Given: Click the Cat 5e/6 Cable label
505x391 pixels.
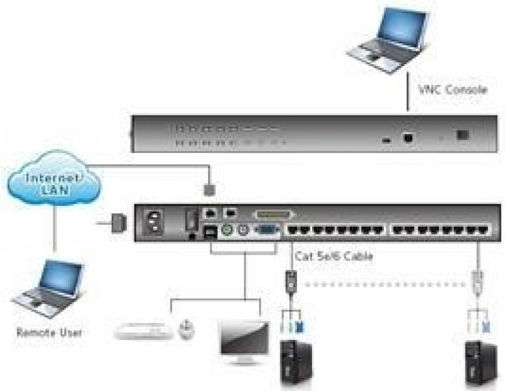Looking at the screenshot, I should click(x=334, y=256).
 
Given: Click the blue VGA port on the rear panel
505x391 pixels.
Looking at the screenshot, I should click(x=265, y=232).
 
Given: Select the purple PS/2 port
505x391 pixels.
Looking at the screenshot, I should click(x=243, y=232).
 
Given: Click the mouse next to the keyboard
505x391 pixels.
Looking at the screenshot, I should click(x=186, y=329).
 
